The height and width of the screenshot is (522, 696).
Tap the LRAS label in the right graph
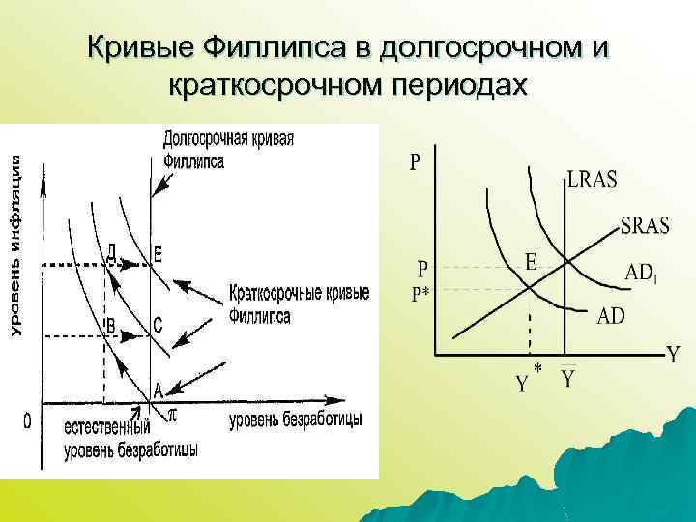click(593, 180)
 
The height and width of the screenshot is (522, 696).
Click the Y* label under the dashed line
click(528, 383)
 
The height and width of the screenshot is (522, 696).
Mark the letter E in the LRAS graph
click(531, 261)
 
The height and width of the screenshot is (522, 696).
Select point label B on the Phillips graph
click(110, 327)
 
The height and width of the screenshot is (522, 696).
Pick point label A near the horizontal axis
click(159, 390)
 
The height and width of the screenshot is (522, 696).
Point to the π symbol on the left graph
click(173, 414)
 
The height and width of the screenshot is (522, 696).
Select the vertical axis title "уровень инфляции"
click(15, 246)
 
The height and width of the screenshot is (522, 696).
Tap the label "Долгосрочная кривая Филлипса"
click(228, 149)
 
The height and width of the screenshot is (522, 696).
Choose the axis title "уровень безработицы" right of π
click(296, 420)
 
